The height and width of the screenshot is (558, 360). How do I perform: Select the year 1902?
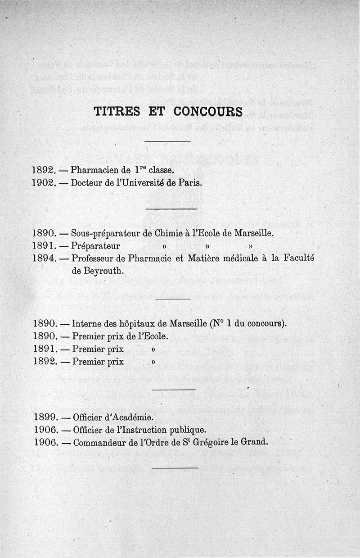coord(44,183)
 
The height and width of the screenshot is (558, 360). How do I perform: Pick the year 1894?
coord(44,259)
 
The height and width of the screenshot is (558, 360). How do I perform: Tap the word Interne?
coord(86,323)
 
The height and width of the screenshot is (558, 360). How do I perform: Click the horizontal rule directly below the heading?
coord(168,142)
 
